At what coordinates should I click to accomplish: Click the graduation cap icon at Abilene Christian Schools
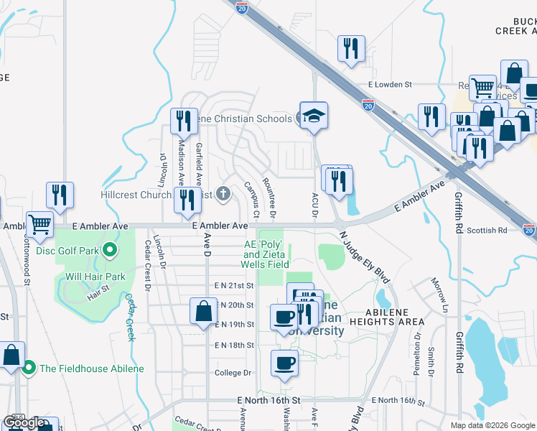tap(314, 116)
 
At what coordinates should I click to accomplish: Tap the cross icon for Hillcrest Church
tap(223, 193)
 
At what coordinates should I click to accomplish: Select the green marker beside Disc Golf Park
tap(109, 250)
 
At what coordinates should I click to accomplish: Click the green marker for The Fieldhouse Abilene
tap(29, 369)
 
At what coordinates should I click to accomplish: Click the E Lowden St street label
tap(389, 84)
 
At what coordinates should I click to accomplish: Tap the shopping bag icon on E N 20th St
tap(203, 311)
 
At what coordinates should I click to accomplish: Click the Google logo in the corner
tap(25, 422)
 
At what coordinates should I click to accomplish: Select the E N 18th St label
tap(234, 345)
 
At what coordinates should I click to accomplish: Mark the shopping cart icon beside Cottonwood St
tap(39, 224)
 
